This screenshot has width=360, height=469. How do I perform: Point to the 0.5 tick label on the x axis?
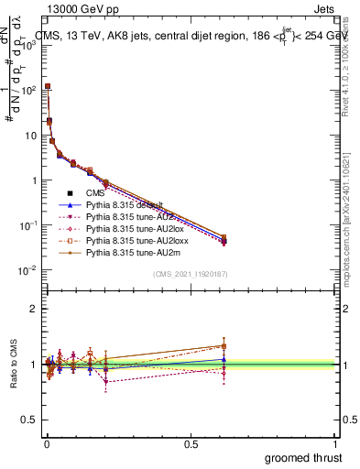[191, 443]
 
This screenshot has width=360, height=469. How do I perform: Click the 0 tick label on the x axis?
[47, 443]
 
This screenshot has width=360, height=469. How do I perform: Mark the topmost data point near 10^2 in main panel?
[48, 87]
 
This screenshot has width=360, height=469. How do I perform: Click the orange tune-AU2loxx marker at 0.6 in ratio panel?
[224, 346]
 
